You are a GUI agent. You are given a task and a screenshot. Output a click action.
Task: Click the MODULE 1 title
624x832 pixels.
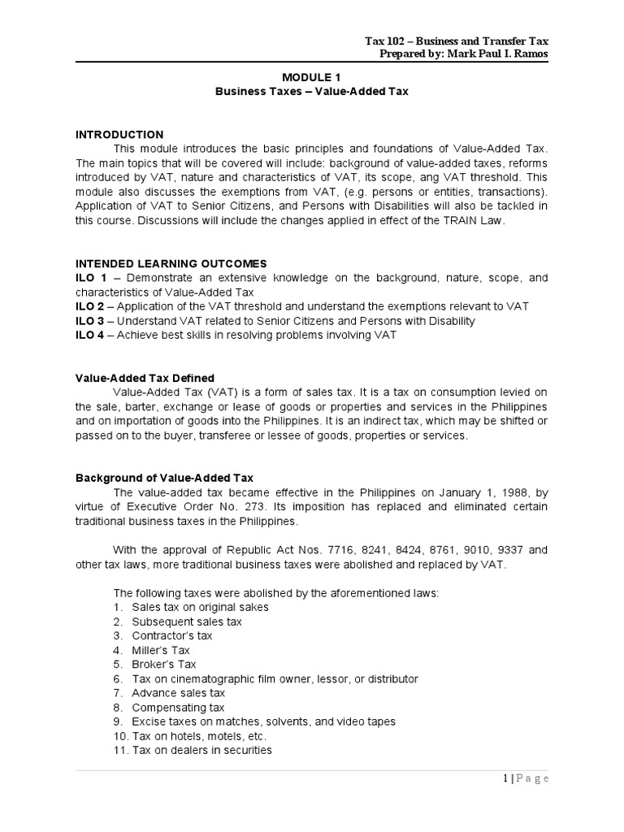coord(312,77)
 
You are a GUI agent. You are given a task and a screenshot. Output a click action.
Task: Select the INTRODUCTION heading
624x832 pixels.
coord(119,134)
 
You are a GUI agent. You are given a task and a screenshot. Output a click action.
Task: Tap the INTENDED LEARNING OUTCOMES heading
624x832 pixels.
coord(170,263)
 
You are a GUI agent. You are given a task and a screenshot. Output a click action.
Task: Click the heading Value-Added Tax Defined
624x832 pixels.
coord(145,378)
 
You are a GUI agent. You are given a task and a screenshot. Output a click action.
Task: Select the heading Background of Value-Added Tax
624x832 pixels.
coord(164,479)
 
